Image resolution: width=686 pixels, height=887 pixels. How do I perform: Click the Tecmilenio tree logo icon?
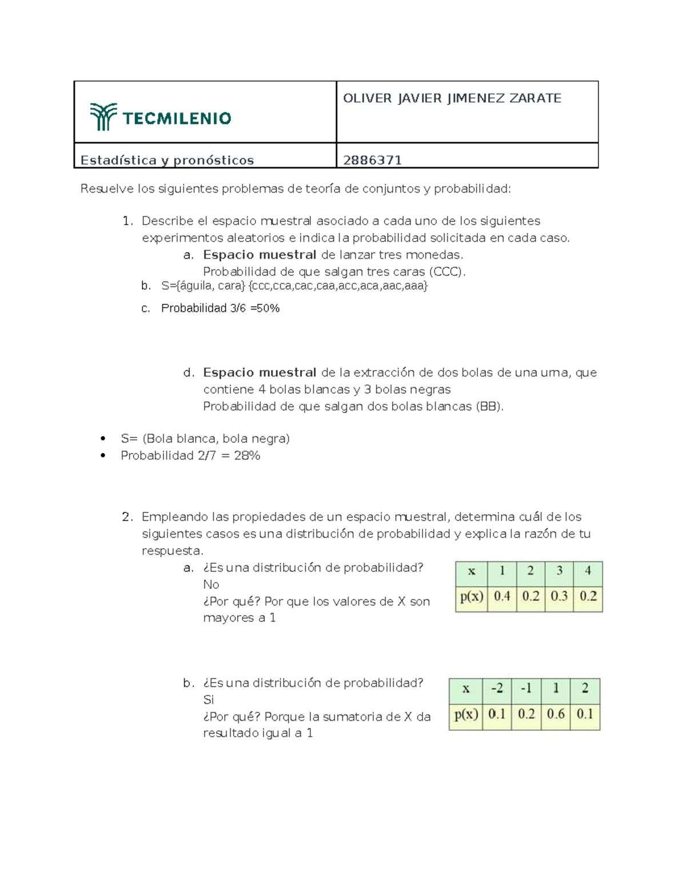tap(103, 117)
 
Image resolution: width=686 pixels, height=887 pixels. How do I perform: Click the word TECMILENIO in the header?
tap(177, 118)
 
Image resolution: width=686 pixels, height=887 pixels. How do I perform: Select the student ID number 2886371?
tap(372, 160)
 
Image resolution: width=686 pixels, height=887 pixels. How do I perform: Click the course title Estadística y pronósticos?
tap(167, 160)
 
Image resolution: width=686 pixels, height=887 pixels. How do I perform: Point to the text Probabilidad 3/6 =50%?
tap(220, 308)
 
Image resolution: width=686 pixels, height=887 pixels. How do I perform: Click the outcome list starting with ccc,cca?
tap(338, 286)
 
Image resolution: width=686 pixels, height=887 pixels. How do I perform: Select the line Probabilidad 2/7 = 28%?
tap(190, 455)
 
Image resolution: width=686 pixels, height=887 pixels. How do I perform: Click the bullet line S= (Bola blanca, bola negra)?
tap(205, 439)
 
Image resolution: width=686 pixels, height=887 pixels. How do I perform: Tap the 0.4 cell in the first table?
tap(502, 596)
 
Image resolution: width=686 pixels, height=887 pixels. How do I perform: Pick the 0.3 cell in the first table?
tap(559, 596)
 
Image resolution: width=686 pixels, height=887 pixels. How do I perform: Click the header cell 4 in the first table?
tap(588, 571)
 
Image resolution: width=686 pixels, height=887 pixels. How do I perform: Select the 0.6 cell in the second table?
tap(556, 714)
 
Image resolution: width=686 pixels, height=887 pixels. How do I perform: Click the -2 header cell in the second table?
tap(497, 688)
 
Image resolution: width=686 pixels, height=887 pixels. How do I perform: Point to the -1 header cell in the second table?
tap(526, 688)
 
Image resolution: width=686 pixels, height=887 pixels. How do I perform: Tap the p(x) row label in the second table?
tap(466, 714)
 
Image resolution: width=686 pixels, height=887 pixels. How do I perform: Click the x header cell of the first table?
tap(472, 571)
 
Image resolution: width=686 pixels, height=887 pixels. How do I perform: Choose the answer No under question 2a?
tap(211, 584)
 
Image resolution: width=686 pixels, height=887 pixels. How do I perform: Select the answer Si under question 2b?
tap(209, 700)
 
